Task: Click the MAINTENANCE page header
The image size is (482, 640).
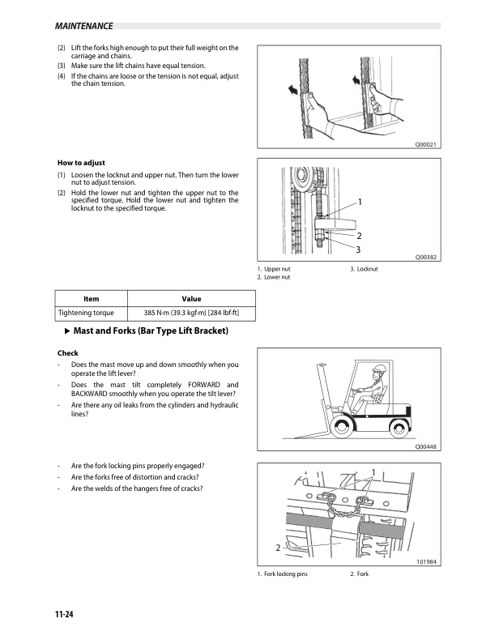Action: pyautogui.click(x=79, y=26)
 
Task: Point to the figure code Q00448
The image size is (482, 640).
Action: pyautogui.click(x=425, y=446)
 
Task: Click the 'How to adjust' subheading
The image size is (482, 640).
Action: pyautogui.click(x=81, y=162)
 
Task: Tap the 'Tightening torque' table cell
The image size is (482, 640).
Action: pyautogui.click(x=86, y=313)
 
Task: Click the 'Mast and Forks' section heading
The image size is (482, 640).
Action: pyautogui.click(x=151, y=332)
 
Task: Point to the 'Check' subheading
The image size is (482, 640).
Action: pyautogui.click(x=67, y=353)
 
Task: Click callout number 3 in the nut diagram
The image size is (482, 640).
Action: pyautogui.click(x=358, y=248)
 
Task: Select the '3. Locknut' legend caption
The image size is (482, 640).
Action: pyautogui.click(x=369, y=268)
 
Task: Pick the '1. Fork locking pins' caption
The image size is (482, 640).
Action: pyautogui.click(x=283, y=574)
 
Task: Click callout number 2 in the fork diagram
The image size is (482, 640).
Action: pyautogui.click(x=277, y=548)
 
